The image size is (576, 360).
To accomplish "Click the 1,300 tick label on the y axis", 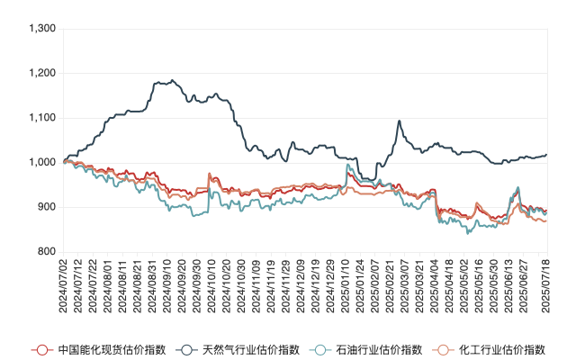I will coord(42,29).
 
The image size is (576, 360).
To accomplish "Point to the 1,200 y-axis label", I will coord(42,73).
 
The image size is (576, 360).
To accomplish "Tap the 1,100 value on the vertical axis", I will coord(42,118).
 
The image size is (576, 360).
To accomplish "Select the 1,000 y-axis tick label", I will coord(42,163).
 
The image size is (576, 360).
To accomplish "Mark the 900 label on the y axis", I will coord(47,207).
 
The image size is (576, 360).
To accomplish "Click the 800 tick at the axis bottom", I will coord(47,252).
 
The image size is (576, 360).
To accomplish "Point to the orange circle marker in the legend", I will coord(441,349).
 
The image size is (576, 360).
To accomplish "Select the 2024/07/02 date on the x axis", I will coord(63,283).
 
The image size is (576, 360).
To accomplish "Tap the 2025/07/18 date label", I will coord(545,283).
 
